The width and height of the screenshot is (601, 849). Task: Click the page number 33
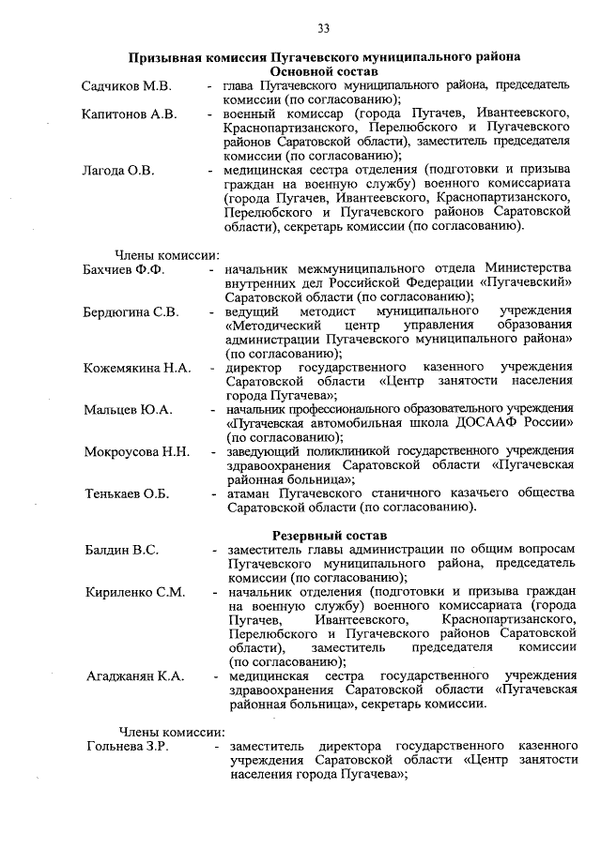(x=323, y=26)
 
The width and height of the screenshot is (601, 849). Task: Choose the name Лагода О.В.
(x=117, y=171)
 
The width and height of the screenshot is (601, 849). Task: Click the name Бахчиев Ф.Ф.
(x=123, y=270)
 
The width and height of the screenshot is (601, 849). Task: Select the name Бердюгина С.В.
(x=131, y=311)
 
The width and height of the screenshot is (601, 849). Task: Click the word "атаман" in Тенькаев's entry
(x=249, y=493)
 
